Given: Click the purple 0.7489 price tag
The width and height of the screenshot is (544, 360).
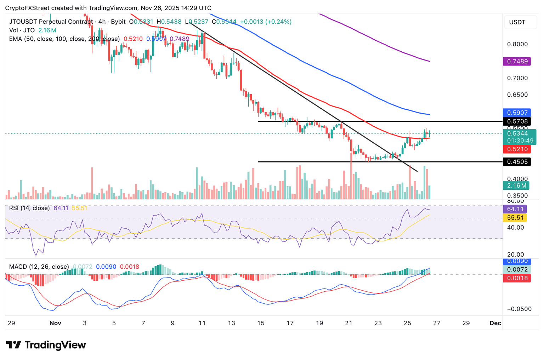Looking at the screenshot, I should pos(517,62).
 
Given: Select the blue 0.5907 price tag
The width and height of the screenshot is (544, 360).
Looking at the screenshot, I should pos(517,113).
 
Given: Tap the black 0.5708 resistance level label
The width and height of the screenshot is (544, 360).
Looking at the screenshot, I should pos(517,121).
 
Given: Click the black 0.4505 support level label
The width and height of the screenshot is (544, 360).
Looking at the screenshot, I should pos(517,162).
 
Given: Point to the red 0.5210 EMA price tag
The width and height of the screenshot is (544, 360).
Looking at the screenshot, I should pos(517,149).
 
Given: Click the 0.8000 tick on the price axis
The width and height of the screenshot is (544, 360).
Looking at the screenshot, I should pos(517,44).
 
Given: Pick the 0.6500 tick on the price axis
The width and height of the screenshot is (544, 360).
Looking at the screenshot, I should pos(517,95).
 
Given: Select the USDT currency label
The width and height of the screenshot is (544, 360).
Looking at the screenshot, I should pos(517,22).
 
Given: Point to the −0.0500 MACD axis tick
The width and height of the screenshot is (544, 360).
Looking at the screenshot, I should pos(519,309).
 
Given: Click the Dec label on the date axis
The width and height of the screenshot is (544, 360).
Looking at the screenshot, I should pos(495,323).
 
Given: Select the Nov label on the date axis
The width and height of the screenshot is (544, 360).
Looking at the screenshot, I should pos(55,323).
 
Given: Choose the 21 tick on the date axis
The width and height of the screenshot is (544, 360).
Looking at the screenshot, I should pos(348,323).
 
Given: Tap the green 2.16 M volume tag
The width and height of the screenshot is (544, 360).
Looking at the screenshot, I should pos(516,185).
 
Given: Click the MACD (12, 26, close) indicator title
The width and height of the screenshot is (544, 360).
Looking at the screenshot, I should pos(39,267).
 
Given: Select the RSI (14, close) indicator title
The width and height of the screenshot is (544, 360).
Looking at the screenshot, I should pos(29,208).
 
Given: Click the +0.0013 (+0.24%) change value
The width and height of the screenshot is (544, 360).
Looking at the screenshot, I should pos(266,22).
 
